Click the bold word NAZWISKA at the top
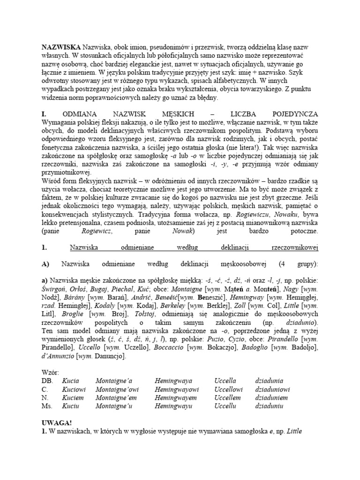(60, 47)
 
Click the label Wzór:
(51, 373)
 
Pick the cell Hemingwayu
(174, 406)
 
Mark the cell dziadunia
(269, 381)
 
